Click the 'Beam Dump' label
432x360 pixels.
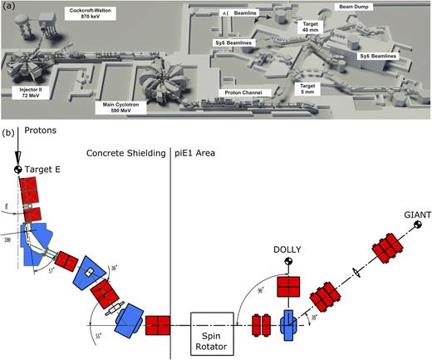click(351, 7)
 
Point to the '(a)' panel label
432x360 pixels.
click(7, 6)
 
